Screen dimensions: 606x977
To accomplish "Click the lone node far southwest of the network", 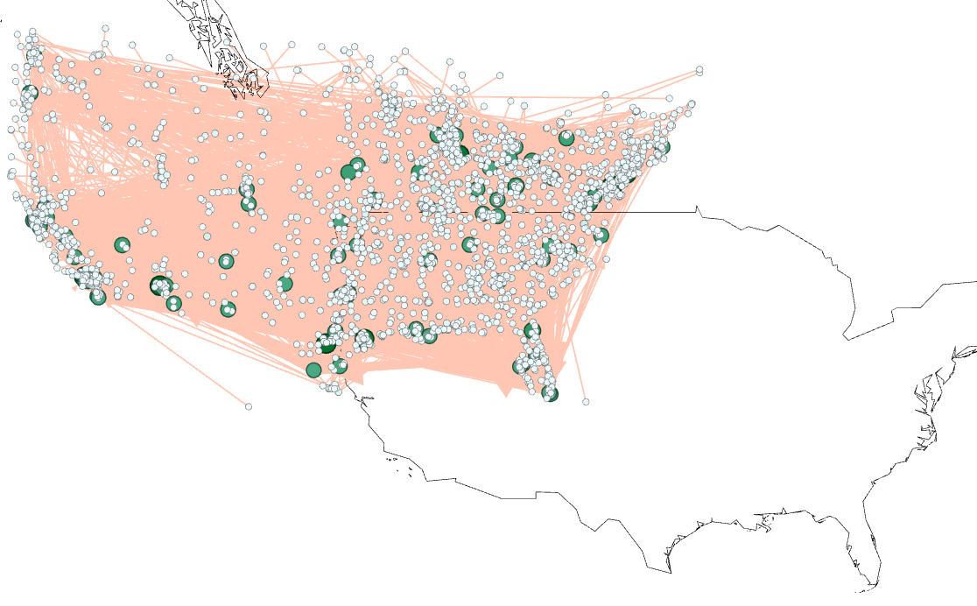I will coord(249,406).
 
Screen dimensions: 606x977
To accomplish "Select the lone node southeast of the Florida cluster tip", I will coord(586,402).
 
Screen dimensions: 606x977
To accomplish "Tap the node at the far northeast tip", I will coord(699,70).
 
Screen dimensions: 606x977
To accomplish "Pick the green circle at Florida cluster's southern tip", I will coord(550,394).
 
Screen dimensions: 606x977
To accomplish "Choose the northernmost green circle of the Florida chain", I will coord(531,330).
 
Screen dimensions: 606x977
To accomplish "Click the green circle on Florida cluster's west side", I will coord(520,366).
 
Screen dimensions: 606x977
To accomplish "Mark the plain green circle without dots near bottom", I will coord(313,370).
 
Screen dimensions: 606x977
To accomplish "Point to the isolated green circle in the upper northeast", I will coord(566,137).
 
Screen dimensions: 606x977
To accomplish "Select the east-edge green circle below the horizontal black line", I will coord(601,235).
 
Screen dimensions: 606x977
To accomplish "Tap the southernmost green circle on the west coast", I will coord(97,297).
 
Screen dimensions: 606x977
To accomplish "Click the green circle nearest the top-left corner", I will coord(29,92).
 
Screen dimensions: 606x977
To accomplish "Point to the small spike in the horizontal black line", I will coord(697,208).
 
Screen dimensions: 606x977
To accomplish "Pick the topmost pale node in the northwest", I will coord(32,32).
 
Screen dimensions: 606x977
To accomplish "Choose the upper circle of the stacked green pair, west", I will coord(246,190).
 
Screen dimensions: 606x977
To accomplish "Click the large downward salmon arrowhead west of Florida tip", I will coord(505,391).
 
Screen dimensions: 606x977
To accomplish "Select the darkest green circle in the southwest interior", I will coord(158,284).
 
